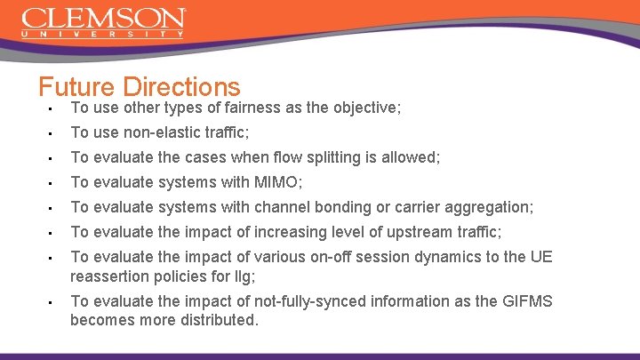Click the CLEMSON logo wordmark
click(x=103, y=18)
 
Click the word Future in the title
click(x=77, y=87)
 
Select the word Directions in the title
click(x=182, y=87)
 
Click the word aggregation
click(x=489, y=207)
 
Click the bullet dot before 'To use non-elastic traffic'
click(x=52, y=133)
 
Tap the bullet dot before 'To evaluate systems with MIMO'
click(x=52, y=183)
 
